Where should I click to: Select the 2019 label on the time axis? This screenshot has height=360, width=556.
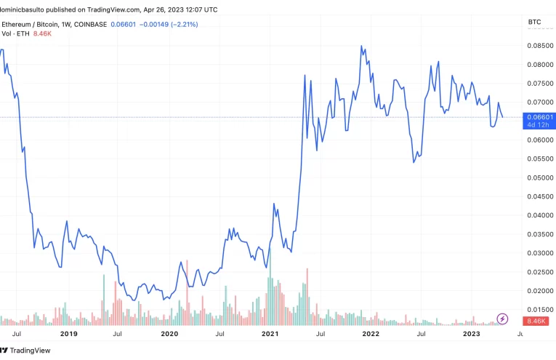[x=68, y=334]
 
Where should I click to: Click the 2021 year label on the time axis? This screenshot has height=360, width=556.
[x=270, y=334]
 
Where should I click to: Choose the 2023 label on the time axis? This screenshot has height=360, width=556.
[x=471, y=334]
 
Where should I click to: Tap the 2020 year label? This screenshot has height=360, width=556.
[x=169, y=334]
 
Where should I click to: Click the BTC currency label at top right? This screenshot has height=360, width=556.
[x=534, y=23]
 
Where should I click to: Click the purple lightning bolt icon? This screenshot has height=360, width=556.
[x=502, y=318]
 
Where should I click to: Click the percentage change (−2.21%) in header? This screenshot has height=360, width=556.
[x=183, y=25]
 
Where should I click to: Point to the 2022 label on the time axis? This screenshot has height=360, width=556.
[x=371, y=334]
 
